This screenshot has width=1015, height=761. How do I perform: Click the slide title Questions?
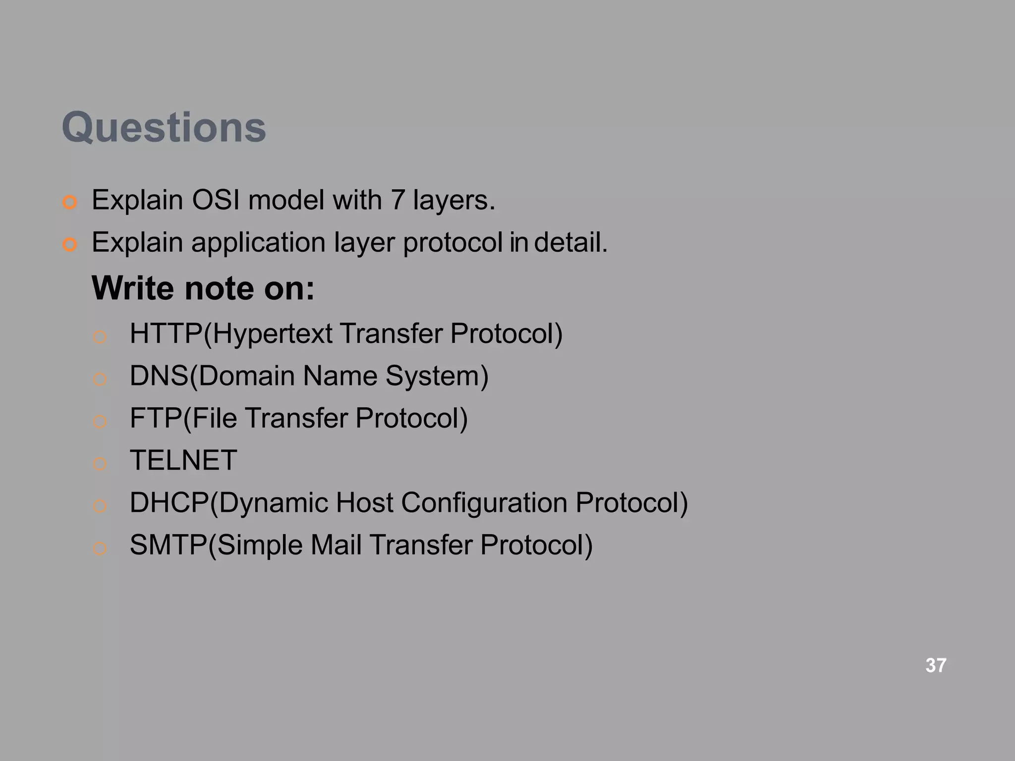[164, 127]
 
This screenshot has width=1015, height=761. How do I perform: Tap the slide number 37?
[936, 665]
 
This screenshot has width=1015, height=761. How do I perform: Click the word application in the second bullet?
[258, 243]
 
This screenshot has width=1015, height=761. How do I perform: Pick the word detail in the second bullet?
[570, 243]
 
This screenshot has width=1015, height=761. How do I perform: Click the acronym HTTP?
[166, 333]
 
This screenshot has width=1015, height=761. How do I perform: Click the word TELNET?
[183, 460]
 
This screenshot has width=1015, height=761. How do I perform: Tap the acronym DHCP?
[169, 502]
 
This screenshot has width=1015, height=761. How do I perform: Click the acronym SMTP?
[168, 545]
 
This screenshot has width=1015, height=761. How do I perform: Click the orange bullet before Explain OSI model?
[70, 203]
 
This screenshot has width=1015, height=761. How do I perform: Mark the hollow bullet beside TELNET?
[100, 464]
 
